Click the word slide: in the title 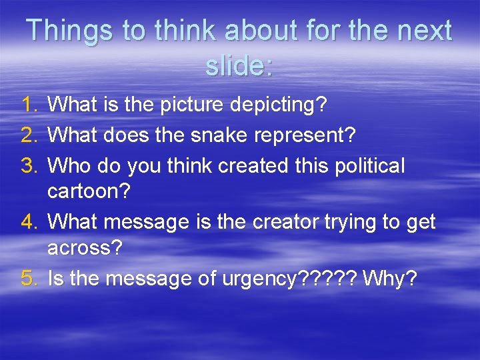click(239, 65)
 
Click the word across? click(85, 249)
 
